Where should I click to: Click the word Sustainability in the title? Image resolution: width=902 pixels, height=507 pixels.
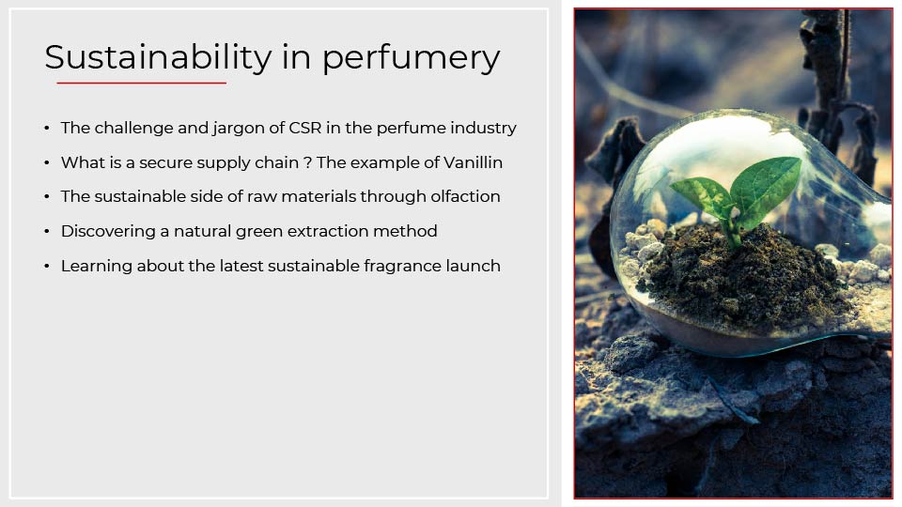click(158, 57)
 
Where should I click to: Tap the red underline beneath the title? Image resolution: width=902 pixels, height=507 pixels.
click(141, 83)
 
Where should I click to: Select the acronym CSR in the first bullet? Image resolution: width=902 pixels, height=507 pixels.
click(304, 128)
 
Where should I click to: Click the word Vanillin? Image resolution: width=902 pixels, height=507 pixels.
click(473, 162)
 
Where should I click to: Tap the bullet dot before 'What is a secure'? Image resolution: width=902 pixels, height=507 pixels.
click(47, 163)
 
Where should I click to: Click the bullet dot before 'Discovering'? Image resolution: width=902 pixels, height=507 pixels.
click(47, 232)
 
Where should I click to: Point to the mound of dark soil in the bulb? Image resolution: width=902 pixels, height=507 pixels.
click(742, 276)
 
